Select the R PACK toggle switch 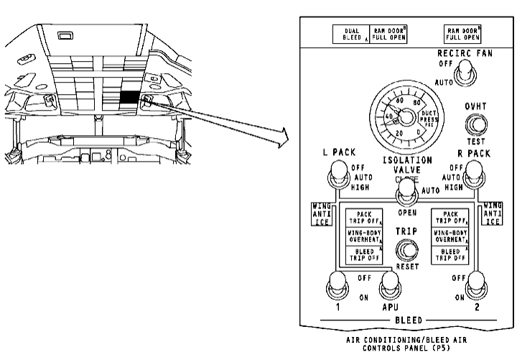pos(474,172)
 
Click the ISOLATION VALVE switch pos(407,189)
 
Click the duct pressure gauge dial pos(403,115)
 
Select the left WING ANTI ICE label pos(321,213)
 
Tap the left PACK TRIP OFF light pos(365,218)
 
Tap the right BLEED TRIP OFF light pos(450,254)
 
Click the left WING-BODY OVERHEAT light pos(365,236)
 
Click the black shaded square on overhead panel pos(131,98)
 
